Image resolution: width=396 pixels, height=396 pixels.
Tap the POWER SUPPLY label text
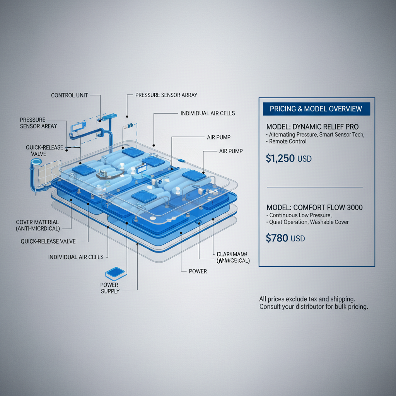(x=110, y=288)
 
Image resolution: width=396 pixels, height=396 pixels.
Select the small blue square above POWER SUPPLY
(x=115, y=273)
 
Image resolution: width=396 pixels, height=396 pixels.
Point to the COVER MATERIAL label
(x=38, y=225)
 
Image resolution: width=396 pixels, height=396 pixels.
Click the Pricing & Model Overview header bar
(x=316, y=109)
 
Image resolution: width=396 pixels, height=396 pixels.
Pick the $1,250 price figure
(x=280, y=158)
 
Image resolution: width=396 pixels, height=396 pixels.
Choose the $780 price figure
(x=277, y=238)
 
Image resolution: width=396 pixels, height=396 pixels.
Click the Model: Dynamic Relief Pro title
(x=312, y=127)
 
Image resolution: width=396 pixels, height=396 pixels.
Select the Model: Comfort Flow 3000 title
(x=314, y=208)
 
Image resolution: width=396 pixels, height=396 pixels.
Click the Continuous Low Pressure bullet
(x=300, y=215)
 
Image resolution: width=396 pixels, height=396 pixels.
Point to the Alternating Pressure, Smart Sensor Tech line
(x=316, y=135)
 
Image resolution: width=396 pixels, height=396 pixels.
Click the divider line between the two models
(x=315, y=187)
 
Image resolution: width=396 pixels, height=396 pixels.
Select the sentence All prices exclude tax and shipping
(x=307, y=299)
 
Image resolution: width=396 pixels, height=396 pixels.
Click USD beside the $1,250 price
(x=305, y=159)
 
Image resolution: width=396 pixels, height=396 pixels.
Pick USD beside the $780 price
(x=298, y=239)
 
